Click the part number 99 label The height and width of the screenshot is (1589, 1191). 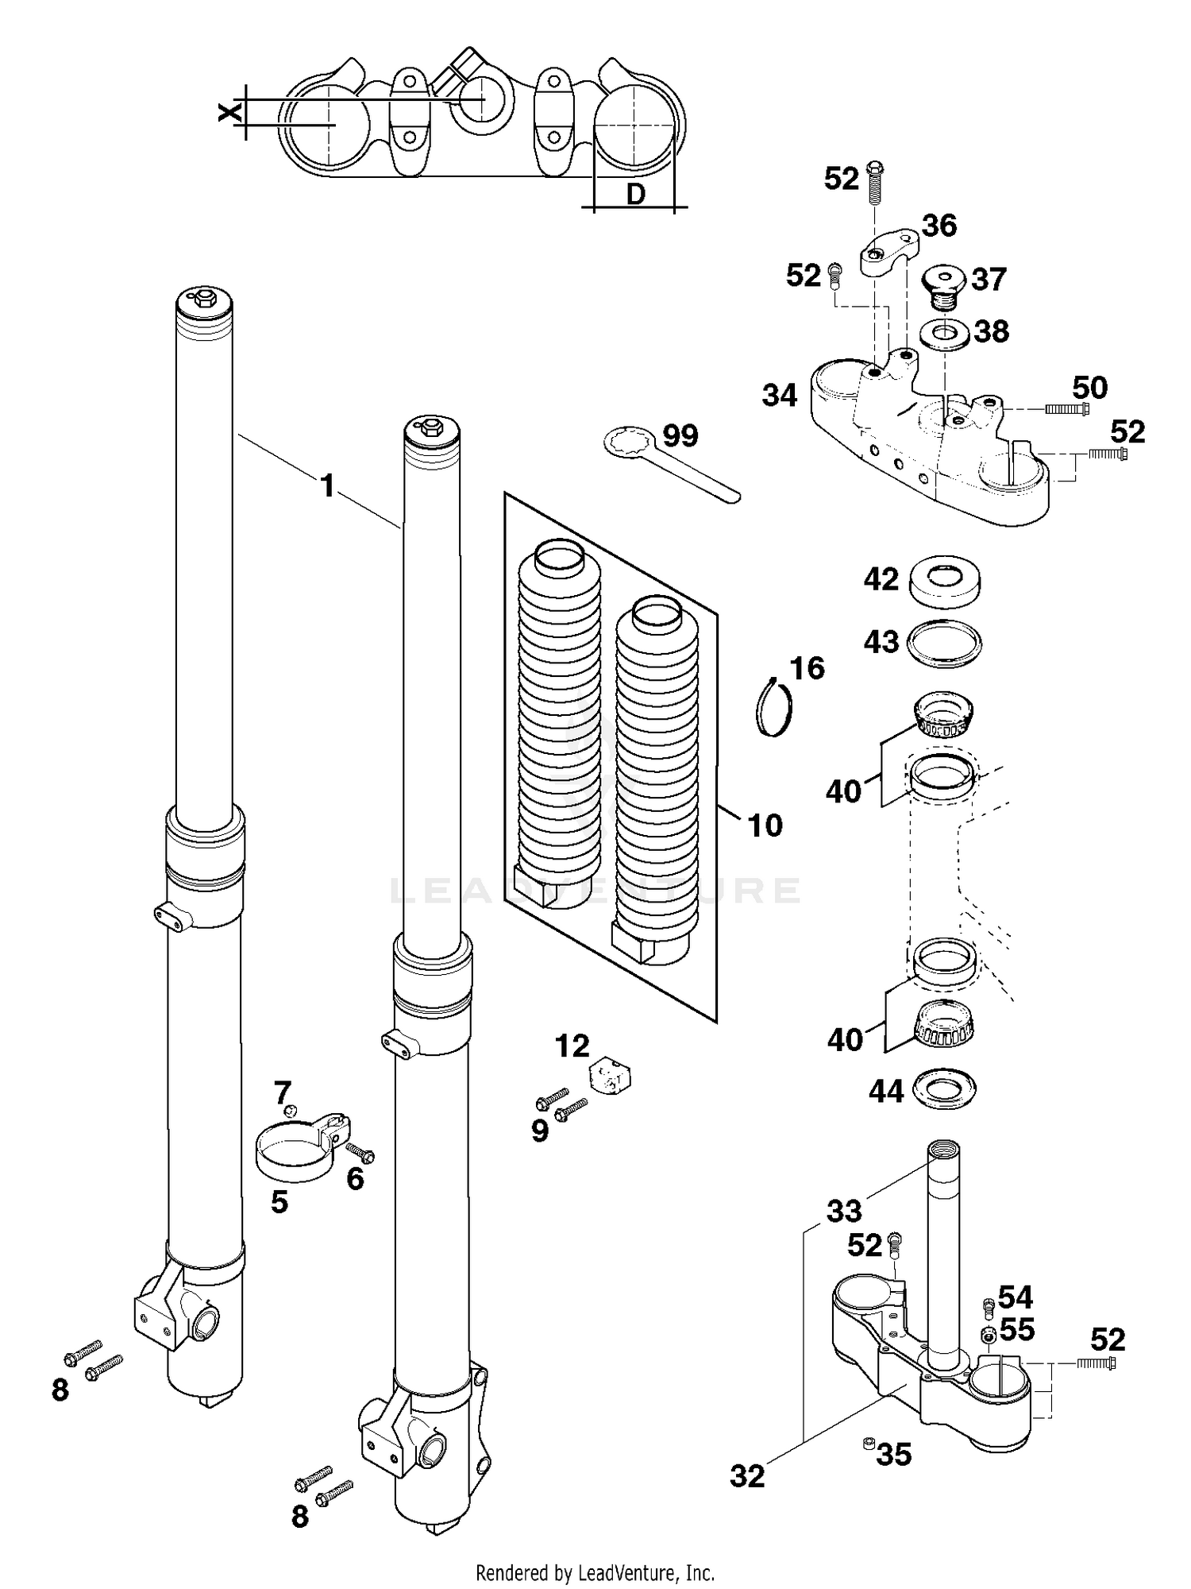[680, 435]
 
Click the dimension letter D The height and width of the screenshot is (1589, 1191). [635, 194]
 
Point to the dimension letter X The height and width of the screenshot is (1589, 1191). [229, 112]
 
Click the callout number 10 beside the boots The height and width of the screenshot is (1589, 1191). [765, 825]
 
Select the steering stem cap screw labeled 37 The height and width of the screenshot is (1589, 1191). [942, 287]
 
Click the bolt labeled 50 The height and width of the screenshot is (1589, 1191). [1066, 409]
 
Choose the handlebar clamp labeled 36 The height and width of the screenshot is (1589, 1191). [887, 252]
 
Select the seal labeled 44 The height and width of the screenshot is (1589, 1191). [944, 1090]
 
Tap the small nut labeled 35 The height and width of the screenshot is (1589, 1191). [868, 1442]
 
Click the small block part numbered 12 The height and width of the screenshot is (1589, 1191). [610, 1077]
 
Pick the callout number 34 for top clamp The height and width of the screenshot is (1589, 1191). [779, 395]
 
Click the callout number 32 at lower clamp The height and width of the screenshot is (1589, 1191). [747, 1476]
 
